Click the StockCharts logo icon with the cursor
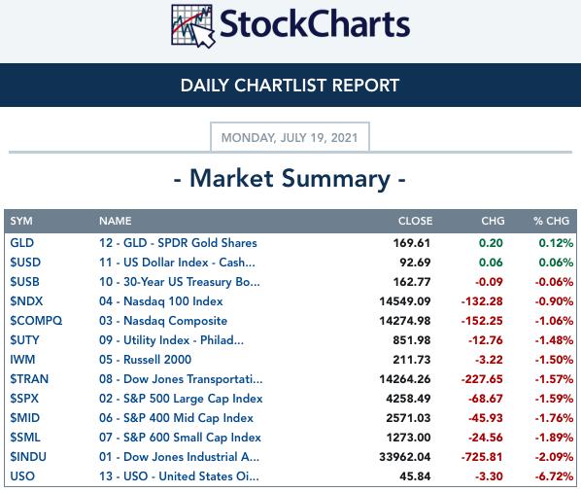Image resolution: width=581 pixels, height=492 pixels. (193, 26)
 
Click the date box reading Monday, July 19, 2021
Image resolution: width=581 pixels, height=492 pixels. (290, 137)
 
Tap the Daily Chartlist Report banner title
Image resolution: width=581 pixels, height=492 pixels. (290, 86)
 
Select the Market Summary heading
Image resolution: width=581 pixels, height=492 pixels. (290, 179)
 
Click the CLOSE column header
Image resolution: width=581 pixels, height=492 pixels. (415, 221)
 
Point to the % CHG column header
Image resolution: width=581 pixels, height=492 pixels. (551, 221)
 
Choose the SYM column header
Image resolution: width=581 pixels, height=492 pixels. (21, 221)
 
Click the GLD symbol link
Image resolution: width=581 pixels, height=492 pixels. (22, 243)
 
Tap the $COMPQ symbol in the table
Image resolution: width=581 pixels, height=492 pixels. (36, 321)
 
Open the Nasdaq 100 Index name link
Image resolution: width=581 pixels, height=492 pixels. (161, 301)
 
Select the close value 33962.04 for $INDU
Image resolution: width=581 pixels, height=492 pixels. (404, 457)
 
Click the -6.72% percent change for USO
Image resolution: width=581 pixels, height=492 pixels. (554, 476)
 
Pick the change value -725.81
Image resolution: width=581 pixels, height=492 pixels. (482, 457)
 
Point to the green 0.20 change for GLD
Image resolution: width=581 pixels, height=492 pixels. (491, 243)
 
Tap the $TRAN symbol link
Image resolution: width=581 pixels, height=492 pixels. (29, 379)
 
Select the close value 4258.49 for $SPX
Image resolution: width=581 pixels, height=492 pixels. (408, 399)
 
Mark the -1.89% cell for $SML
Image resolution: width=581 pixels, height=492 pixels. (554, 438)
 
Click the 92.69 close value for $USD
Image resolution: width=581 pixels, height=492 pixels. (415, 263)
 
